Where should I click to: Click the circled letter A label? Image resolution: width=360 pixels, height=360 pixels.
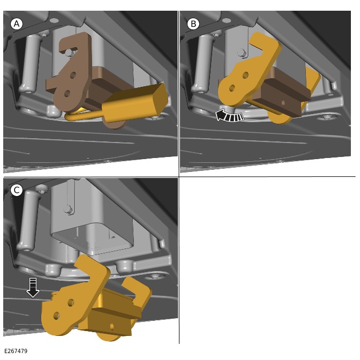coord(17,24)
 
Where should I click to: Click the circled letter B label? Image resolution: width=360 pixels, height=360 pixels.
coord(193,24)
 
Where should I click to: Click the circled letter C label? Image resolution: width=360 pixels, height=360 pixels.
coord(17,190)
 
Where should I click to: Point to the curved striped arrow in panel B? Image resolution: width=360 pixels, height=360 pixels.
coord(230,116)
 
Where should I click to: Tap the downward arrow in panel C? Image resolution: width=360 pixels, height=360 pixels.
coord(33,288)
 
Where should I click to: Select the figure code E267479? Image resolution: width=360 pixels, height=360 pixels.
coord(16,351)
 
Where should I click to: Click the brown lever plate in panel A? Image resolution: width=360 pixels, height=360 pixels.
coord(70,71)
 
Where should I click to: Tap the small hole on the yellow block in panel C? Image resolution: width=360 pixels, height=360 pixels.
coord(112,326)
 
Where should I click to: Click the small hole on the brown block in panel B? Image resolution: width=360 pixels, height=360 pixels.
coord(283,103)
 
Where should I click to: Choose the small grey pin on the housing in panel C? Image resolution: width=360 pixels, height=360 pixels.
coord(68,209)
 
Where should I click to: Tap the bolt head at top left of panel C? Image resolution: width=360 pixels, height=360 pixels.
coord(42,188)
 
